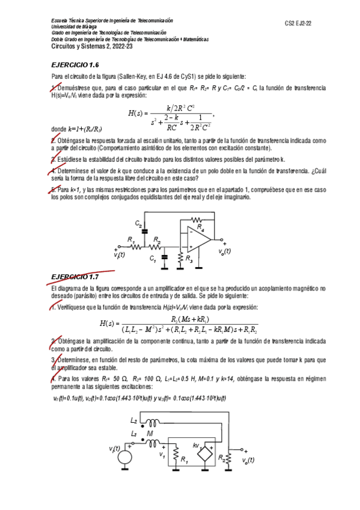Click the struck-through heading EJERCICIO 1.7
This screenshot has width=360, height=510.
75,277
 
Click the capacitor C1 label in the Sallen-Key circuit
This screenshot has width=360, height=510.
153,259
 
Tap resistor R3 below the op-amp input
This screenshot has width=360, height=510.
181,257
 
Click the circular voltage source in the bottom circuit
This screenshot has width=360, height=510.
124,458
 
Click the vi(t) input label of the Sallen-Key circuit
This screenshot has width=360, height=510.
119,254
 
